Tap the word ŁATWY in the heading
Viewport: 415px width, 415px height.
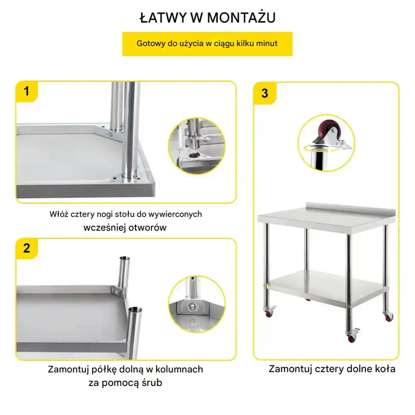coord(163,18)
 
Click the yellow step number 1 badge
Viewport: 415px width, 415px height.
coord(27,92)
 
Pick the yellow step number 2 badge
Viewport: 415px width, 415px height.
coord(27,249)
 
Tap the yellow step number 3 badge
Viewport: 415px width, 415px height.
coord(265,93)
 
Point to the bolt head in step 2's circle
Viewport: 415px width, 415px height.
coord(191,307)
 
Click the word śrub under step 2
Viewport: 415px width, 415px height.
coord(152,383)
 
